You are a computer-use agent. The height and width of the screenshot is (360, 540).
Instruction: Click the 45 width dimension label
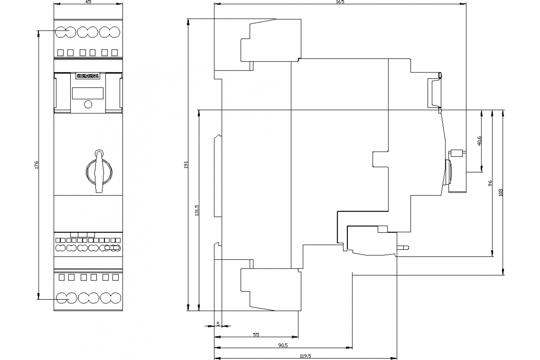click(x=88, y=2)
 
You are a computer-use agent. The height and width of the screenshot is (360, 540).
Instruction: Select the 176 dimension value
click(x=36, y=165)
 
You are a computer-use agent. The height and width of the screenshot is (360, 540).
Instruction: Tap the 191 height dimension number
click(x=186, y=165)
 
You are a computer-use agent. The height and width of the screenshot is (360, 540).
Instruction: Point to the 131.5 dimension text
click(x=197, y=210)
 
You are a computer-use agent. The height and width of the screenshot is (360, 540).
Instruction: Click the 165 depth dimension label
click(x=340, y=2)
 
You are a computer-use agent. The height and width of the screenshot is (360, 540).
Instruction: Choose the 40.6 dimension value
click(x=479, y=141)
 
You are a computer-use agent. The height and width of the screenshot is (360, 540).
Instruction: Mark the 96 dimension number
click(x=490, y=183)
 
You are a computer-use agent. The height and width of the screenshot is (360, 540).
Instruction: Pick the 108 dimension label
click(x=501, y=193)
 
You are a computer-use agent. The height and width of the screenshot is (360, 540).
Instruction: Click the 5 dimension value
click(x=218, y=324)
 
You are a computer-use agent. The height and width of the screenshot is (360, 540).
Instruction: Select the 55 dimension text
click(x=256, y=334)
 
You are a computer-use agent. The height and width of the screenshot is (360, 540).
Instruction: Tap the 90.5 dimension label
click(x=283, y=345)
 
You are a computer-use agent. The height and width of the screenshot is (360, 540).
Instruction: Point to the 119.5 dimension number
click(x=305, y=356)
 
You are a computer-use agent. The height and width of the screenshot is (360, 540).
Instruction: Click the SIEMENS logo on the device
click(x=88, y=76)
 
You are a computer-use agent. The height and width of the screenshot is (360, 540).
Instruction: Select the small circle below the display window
click(x=88, y=104)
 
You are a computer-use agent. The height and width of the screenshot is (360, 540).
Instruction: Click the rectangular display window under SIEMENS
click(x=88, y=93)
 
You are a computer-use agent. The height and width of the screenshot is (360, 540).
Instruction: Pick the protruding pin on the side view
click(x=403, y=247)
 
